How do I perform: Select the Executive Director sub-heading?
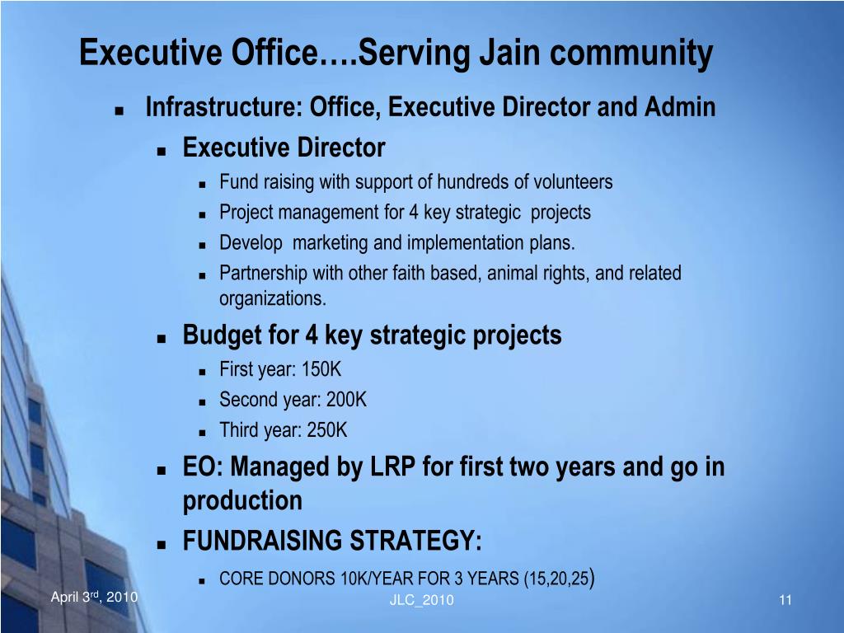click(x=284, y=147)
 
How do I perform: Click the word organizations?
click(x=272, y=298)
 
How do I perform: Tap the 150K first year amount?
click(x=321, y=369)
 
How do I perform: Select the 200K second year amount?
click(x=346, y=400)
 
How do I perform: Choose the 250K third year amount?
click(x=326, y=430)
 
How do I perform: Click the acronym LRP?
click(x=393, y=467)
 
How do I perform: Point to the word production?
click(x=242, y=501)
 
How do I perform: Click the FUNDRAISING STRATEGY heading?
click(x=332, y=540)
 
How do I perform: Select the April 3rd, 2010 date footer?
click(x=94, y=597)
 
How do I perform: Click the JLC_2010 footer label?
click(x=421, y=600)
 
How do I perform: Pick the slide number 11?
click(x=785, y=600)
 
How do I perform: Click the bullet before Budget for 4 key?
click(x=162, y=339)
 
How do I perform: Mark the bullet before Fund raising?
click(x=203, y=184)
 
